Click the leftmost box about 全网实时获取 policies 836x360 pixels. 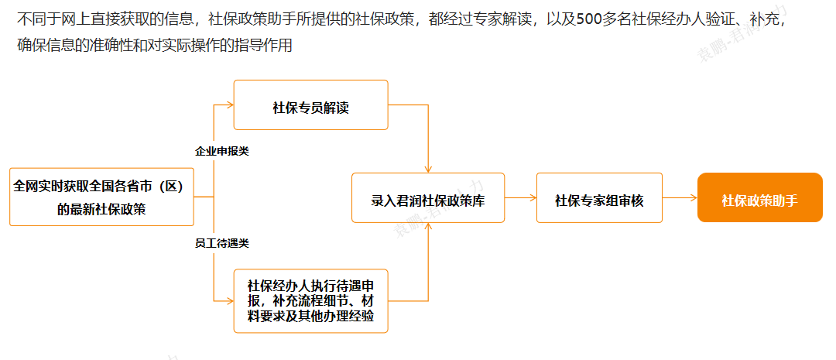(101, 197)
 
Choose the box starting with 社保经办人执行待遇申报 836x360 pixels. (310, 301)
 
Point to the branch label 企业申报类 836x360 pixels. (221, 151)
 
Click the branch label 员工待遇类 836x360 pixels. (221, 243)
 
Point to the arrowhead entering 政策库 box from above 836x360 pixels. (427, 169)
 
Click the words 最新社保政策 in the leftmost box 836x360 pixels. (101, 209)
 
